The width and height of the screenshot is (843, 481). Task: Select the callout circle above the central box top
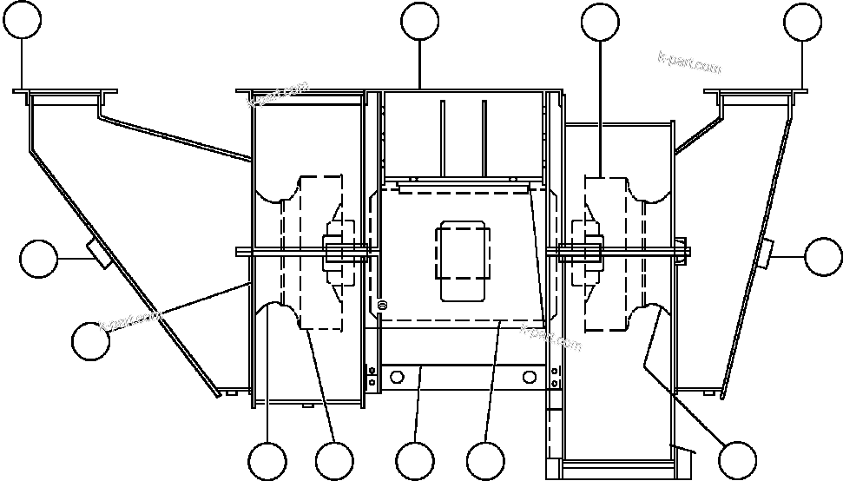[420, 21]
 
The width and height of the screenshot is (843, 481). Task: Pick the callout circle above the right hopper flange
[802, 21]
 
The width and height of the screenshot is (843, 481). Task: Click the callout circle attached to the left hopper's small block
[38, 259]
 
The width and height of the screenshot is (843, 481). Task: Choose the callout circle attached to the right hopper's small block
[822, 255]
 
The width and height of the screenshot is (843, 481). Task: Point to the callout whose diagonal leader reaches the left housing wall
[90, 340]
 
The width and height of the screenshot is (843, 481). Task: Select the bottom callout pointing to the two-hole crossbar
[414, 460]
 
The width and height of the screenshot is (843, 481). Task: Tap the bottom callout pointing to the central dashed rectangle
[484, 460]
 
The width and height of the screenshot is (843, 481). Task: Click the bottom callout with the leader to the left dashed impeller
[334, 460]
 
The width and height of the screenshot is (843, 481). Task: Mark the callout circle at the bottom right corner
[737, 458]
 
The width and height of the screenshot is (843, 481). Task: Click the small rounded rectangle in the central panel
[464, 261]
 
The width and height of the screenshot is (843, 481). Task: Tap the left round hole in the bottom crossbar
[398, 378]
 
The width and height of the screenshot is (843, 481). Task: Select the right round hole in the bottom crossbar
[527, 378]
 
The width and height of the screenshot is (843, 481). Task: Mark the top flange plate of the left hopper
[66, 90]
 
